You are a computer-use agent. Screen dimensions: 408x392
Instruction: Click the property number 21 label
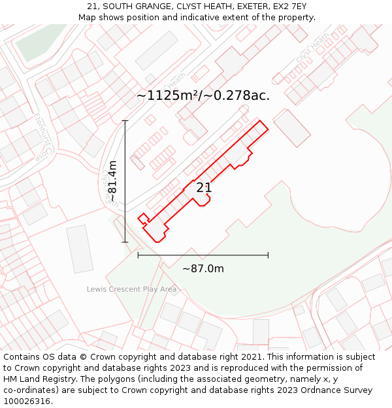(204, 187)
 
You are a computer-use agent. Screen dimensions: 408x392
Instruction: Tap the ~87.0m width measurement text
(203, 269)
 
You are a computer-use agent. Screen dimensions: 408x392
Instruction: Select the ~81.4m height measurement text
(112, 181)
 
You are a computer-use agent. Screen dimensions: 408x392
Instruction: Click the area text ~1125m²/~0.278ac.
(203, 95)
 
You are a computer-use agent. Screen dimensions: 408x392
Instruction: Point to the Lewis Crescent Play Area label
(131, 289)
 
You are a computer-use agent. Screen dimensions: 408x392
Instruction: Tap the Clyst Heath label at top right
(312, 49)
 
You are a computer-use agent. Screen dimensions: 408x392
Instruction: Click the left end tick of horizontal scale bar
(138, 255)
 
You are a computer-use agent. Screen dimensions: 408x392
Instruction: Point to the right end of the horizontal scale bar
(268, 255)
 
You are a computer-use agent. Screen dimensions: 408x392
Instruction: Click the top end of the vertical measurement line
(125, 120)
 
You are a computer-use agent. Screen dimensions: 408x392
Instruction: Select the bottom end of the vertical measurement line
(125, 242)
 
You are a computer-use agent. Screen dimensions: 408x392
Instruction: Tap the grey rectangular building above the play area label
(80, 248)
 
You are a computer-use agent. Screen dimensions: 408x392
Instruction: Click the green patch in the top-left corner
(39, 40)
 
